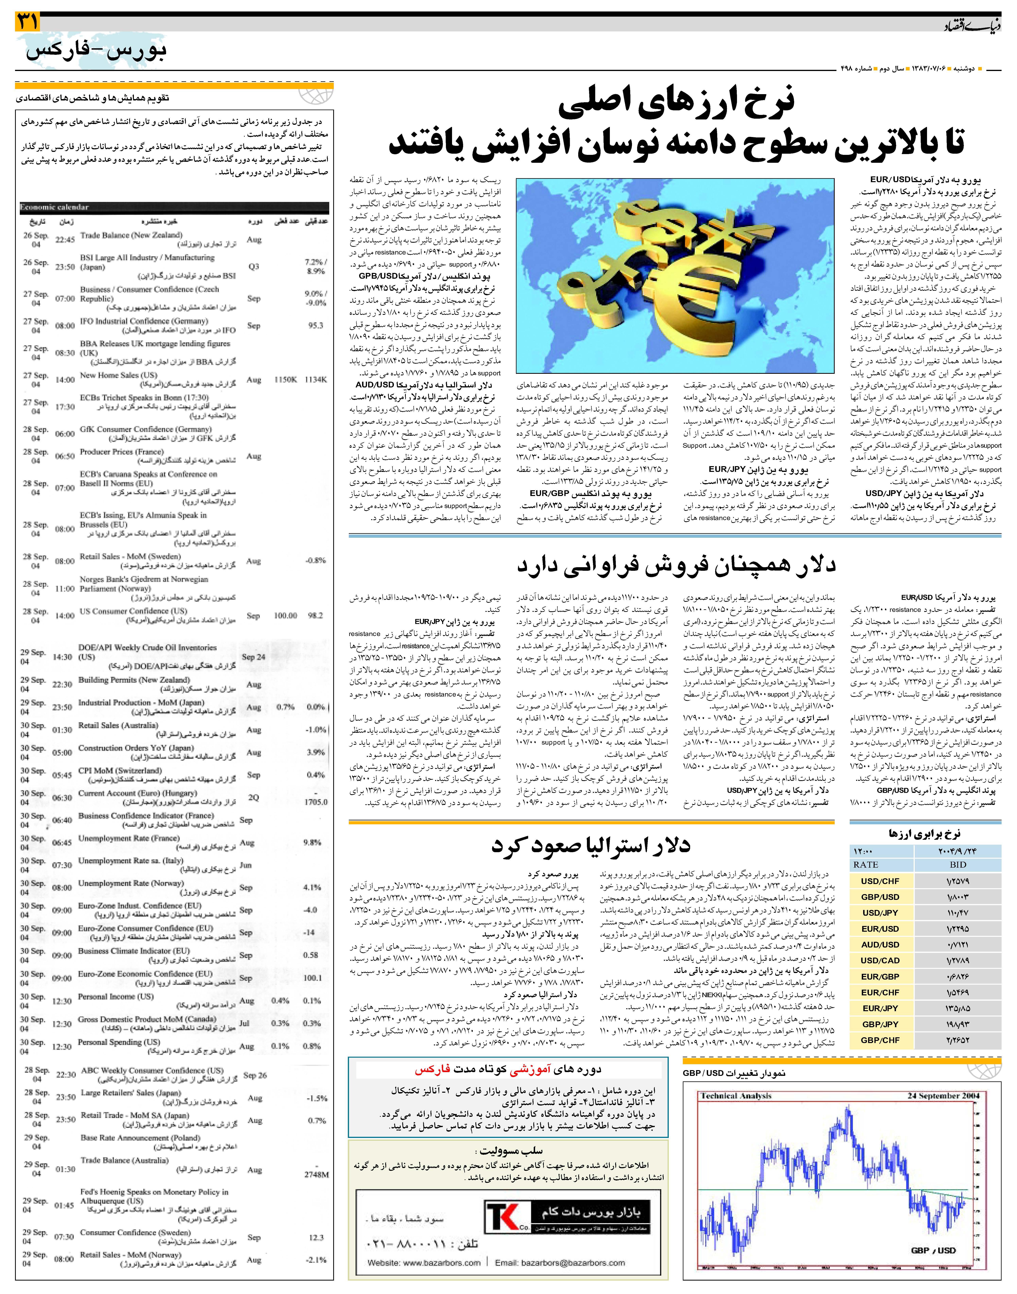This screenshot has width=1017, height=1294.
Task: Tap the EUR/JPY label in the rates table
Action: pos(880,1008)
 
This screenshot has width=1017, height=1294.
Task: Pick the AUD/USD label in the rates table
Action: pos(880,945)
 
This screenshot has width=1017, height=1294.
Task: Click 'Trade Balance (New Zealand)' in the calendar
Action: pos(131,235)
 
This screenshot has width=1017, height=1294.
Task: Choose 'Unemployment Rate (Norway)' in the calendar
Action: pos(131,883)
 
